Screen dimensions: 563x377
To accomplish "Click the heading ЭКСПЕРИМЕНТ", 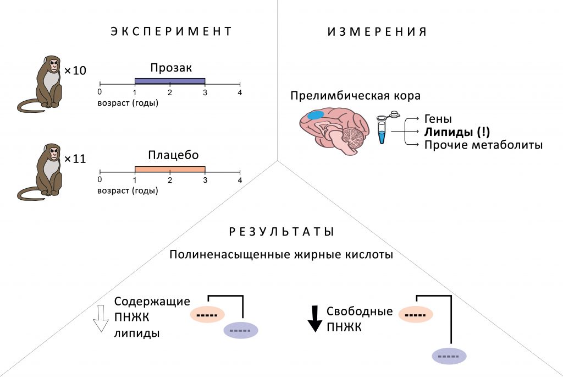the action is pyautogui.click(x=171, y=31).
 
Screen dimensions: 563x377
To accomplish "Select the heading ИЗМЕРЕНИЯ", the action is pyautogui.click(x=377, y=31).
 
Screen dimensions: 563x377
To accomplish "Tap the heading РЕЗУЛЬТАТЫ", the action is pyautogui.click(x=281, y=232).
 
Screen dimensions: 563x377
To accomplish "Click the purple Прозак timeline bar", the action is pyautogui.click(x=170, y=81).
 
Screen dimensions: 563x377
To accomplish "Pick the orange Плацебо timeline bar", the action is pyautogui.click(x=170, y=170).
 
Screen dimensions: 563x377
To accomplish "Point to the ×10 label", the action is pyautogui.click(x=75, y=70).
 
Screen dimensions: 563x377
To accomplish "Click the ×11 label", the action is pyautogui.click(x=75, y=159).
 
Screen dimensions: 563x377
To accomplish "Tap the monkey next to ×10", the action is pyautogui.click(x=40, y=83).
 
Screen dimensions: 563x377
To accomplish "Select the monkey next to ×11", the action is pyautogui.click(x=40, y=172).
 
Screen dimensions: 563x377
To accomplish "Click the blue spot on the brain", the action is pyautogui.click(x=316, y=115).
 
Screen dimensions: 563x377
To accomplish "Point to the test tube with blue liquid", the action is pyautogui.click(x=382, y=129).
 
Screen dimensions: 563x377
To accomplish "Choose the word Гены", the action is pyautogui.click(x=438, y=118).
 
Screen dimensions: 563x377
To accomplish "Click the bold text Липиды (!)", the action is pyautogui.click(x=457, y=132).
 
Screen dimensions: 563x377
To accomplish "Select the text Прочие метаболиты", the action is pyautogui.click(x=483, y=145).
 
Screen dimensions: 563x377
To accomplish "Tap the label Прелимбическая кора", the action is pyautogui.click(x=356, y=96).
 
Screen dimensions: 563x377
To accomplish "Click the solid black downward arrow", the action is pyautogui.click(x=315, y=319).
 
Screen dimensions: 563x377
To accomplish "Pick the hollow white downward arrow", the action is pyautogui.click(x=101, y=319).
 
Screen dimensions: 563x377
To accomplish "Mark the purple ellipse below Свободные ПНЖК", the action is pyautogui.click(x=449, y=356).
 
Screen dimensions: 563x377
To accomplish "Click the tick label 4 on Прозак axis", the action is pyautogui.click(x=240, y=92).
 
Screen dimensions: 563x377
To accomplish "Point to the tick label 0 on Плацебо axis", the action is pyautogui.click(x=100, y=179).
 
